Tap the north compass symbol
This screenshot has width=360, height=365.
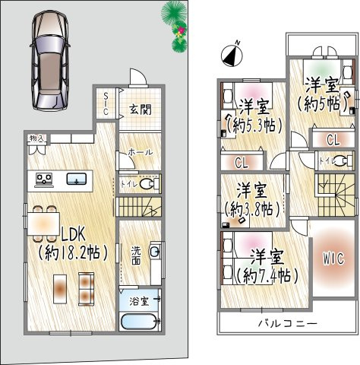232,54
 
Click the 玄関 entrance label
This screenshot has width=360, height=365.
139,109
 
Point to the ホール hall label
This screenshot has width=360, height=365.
139,153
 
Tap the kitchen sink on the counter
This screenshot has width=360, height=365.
76,179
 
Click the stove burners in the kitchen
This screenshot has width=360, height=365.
43,179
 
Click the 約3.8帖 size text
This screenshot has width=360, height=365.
252,208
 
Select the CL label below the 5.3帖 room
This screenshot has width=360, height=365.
242,162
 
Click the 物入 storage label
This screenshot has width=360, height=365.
36,138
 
